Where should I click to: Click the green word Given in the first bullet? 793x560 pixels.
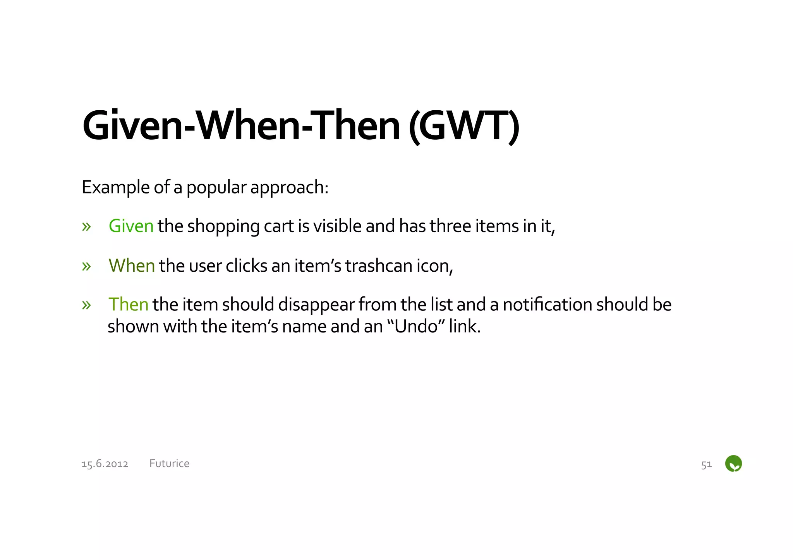[131, 226]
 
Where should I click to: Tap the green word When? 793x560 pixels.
[132, 266]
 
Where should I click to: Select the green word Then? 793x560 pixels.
[128, 305]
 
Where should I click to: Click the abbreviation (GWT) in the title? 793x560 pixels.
[464, 126]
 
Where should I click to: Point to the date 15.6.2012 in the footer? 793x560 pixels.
[105, 464]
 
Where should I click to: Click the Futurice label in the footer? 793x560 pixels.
[169, 464]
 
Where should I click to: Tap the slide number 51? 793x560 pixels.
[706, 464]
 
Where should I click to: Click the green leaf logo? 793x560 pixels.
[733, 464]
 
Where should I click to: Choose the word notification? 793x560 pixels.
[548, 305]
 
